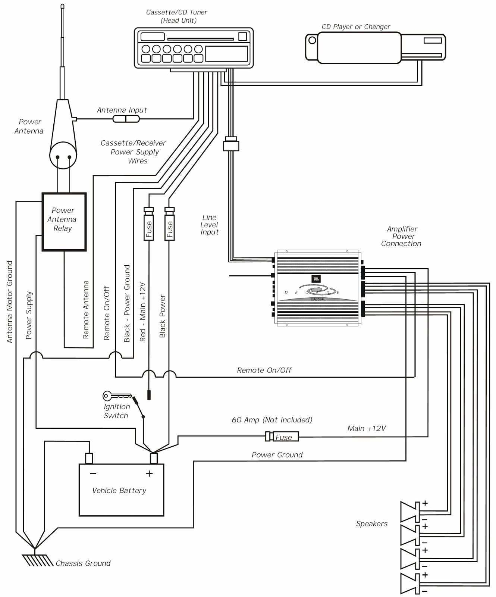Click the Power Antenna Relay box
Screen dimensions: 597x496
[x=64, y=222]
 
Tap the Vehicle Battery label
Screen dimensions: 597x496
[x=119, y=491]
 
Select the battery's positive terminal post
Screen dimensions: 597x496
[x=154, y=458]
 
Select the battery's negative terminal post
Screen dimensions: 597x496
[x=89, y=458]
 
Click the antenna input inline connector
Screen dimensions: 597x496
[x=126, y=119]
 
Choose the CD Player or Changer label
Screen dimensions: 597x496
[x=356, y=27]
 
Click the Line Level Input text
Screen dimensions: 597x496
[x=209, y=225]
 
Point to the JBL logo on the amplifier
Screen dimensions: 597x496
[x=316, y=279]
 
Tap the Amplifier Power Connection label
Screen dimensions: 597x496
[x=402, y=236]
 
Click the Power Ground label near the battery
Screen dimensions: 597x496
[x=277, y=455]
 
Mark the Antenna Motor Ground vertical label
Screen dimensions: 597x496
[x=10, y=301]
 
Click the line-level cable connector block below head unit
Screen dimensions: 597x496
[x=231, y=144]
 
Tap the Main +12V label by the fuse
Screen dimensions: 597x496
[x=366, y=428]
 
